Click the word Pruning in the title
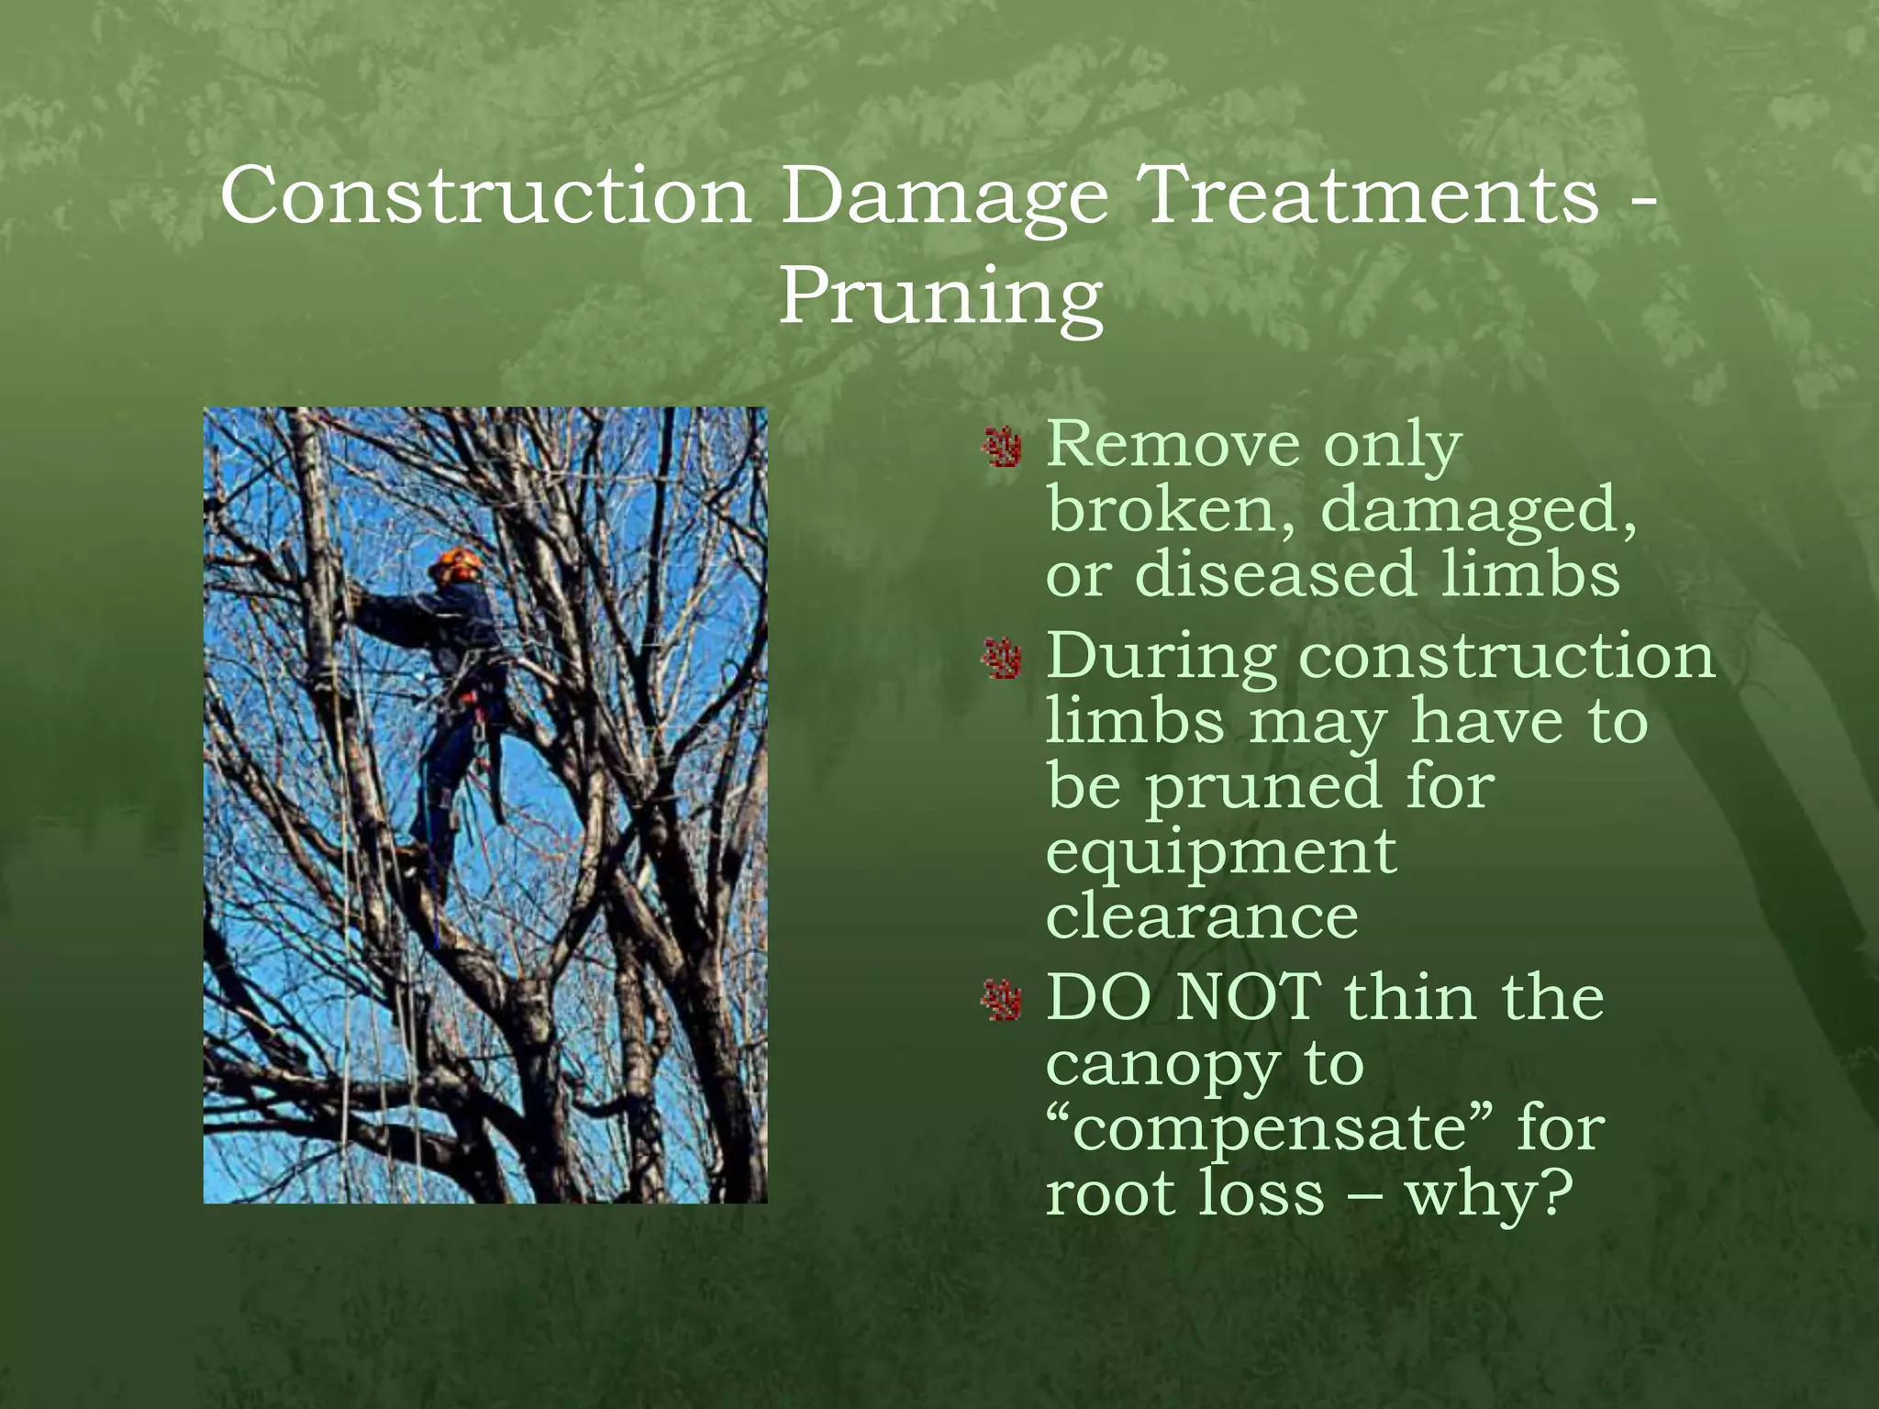pyautogui.click(x=940, y=298)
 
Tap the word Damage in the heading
pyautogui.click(x=944, y=195)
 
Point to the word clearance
pyautogui.click(x=1202, y=915)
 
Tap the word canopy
pyautogui.click(x=1163, y=1066)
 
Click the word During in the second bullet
pyautogui.click(x=1162, y=657)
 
